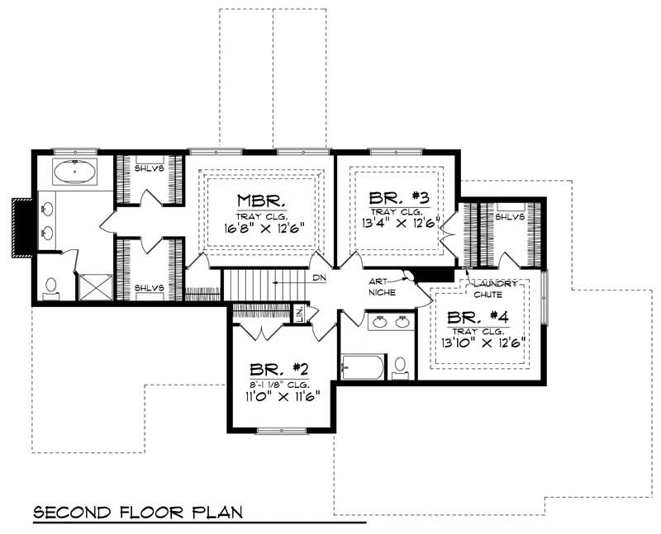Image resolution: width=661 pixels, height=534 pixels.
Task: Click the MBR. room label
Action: (x=262, y=201)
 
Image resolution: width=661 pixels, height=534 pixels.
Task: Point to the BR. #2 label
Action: (x=282, y=370)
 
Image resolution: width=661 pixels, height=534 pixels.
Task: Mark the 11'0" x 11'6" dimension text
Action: (x=282, y=395)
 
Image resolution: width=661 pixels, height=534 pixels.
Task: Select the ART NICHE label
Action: (x=383, y=286)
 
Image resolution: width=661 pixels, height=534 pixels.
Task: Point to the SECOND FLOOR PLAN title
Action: (x=138, y=512)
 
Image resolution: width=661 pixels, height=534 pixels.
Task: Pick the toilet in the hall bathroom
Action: (x=401, y=366)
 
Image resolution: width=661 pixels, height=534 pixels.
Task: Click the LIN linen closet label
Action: (x=300, y=313)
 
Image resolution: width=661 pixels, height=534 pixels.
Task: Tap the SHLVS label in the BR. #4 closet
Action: (x=511, y=217)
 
